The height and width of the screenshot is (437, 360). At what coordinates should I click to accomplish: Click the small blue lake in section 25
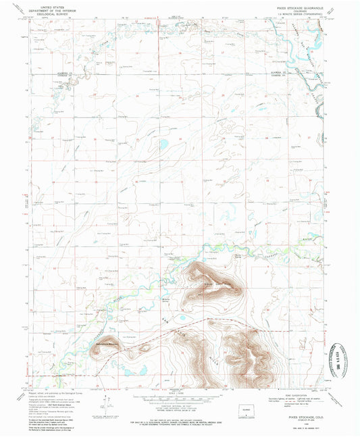[162, 144]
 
